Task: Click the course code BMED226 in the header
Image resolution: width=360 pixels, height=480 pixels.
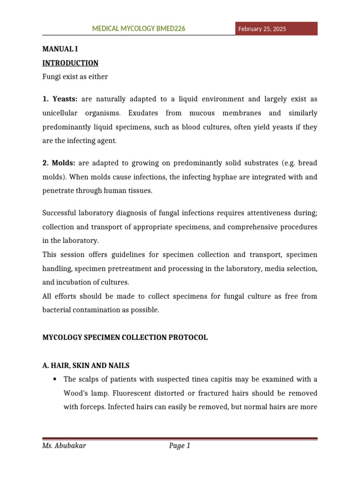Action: click(x=171, y=29)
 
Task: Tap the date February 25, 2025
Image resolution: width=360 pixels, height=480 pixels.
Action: click(x=262, y=29)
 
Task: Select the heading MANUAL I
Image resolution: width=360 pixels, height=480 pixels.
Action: click(x=59, y=49)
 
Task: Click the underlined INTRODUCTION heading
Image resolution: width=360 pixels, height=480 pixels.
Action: click(x=70, y=63)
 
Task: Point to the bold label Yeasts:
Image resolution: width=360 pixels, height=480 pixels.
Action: click(x=65, y=99)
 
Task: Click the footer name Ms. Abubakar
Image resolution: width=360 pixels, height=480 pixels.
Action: click(x=64, y=446)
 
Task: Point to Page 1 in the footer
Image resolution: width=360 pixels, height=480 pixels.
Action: click(x=180, y=446)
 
